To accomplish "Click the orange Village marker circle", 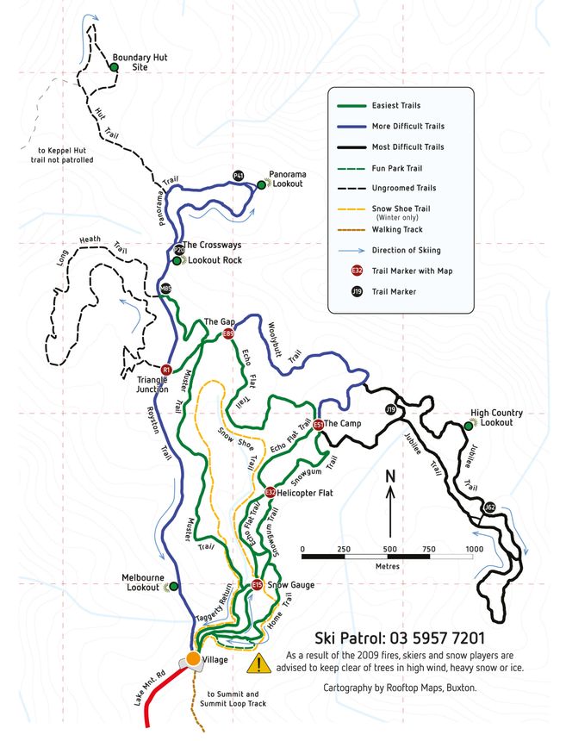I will coord(193,658).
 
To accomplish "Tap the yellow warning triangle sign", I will coord(258,663).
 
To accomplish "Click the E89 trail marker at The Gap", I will coord(228,334).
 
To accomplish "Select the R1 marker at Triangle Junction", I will coord(167,370).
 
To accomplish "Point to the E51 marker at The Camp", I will coord(319,425).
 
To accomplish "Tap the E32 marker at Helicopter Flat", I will coord(270,492).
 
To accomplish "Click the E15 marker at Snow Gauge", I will coord(257,586).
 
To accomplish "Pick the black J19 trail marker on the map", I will coord(390,409).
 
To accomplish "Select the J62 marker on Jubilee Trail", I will coord(489,507).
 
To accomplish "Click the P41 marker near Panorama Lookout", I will coord(239,176).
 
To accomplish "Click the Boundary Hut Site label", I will coord(134,63).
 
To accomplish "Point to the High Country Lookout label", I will coord(496,418).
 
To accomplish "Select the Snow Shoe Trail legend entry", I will coord(401,209).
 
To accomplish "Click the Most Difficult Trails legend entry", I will coord(407,147).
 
